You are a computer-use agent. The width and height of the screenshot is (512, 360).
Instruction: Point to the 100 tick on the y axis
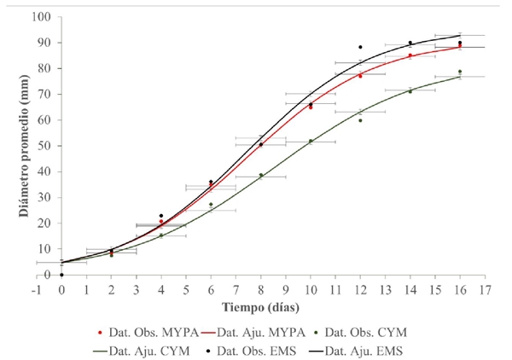tap(45, 17)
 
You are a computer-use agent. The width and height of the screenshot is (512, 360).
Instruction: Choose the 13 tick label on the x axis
tap(386, 289)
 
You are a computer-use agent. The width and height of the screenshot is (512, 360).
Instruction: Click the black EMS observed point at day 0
tap(62, 275)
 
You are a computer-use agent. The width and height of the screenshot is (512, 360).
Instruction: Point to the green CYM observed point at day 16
tap(461, 72)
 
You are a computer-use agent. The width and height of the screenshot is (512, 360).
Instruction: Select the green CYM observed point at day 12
tap(361, 120)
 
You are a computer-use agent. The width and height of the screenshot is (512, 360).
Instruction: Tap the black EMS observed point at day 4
tap(161, 216)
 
